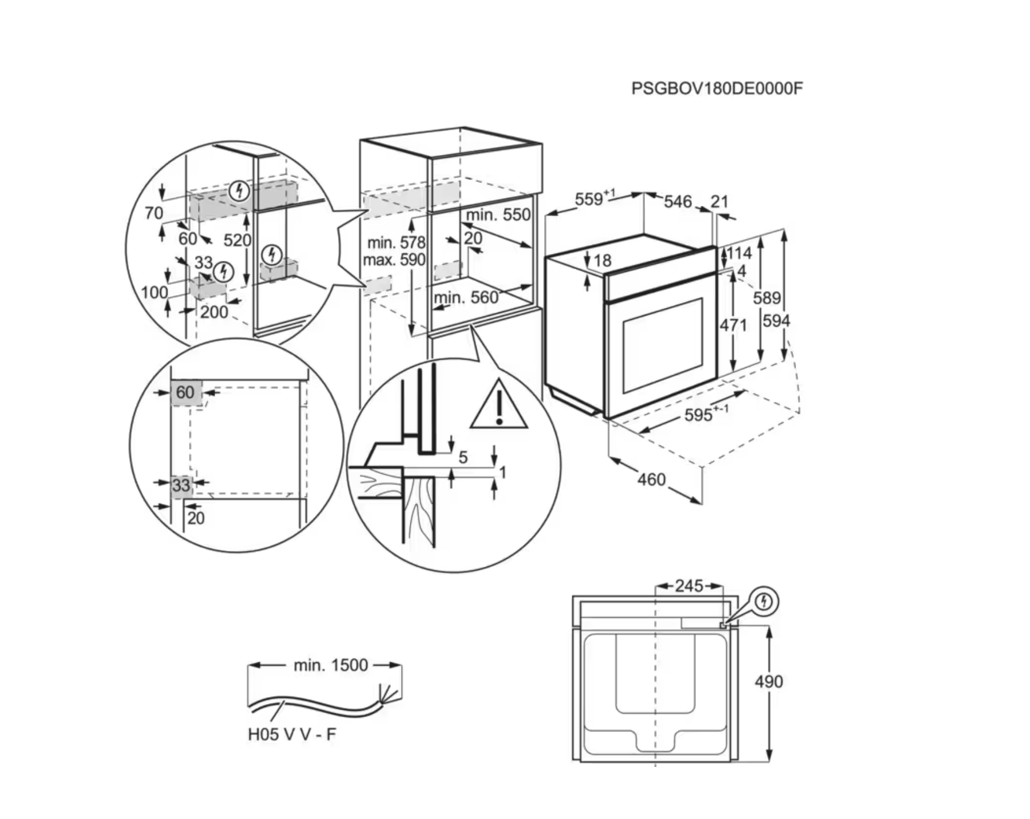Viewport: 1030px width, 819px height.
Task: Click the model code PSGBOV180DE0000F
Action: point(716,89)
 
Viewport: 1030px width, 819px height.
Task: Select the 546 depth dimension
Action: point(678,201)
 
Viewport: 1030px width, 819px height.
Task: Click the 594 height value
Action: point(776,321)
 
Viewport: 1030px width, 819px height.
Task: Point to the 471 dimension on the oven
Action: point(733,325)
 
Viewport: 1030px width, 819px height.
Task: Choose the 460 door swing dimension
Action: point(652,479)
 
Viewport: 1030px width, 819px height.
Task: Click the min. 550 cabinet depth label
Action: point(498,215)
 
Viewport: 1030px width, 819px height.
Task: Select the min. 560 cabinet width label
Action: point(466,297)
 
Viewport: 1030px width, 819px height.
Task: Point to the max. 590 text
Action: point(394,260)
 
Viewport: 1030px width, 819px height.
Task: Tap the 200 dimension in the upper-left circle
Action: point(214,312)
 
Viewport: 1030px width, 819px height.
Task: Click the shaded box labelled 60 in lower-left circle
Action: point(185,392)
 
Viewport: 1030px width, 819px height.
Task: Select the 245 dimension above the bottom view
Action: point(689,586)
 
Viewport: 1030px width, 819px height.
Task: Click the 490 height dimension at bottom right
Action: point(768,682)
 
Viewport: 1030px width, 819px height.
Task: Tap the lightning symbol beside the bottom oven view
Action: point(764,602)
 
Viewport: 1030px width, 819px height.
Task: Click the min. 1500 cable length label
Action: point(330,665)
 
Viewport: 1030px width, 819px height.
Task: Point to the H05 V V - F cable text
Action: point(292,734)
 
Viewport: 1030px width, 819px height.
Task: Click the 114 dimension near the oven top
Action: point(739,253)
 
